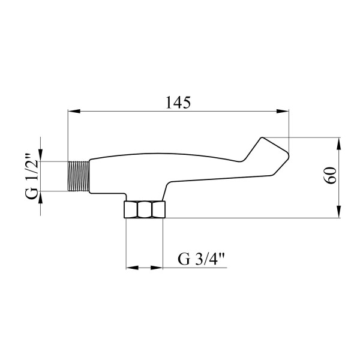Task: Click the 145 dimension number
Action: coord(178,103)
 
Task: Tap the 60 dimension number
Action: coord(331,175)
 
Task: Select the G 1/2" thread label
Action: coord(31,176)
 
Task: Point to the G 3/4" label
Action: coord(201,259)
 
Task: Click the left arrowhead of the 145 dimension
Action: coord(74,111)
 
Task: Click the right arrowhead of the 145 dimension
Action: coord(283,111)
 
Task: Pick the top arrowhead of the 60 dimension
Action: coord(338,144)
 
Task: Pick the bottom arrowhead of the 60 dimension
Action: coord(338,212)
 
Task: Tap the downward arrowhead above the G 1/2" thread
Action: coord(40,155)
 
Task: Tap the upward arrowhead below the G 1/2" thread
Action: coord(40,197)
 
